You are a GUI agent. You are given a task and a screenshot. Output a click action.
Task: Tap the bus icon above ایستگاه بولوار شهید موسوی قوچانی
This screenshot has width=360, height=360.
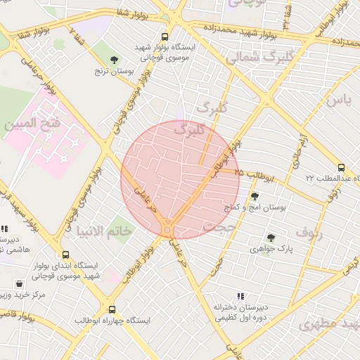click(x=165, y=37)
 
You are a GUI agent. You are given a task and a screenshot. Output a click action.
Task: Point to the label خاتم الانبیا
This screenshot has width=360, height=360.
click(x=103, y=231)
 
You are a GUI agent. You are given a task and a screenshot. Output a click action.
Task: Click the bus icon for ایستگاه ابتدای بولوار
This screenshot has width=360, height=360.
click(x=66, y=255)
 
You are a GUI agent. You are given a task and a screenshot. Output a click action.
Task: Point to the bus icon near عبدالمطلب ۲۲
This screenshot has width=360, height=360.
click(x=341, y=167)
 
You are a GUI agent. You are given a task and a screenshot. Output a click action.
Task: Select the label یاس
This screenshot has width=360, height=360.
click(x=337, y=99)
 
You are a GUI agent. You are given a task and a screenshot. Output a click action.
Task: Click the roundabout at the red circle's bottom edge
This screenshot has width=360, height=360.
click(x=167, y=229)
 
